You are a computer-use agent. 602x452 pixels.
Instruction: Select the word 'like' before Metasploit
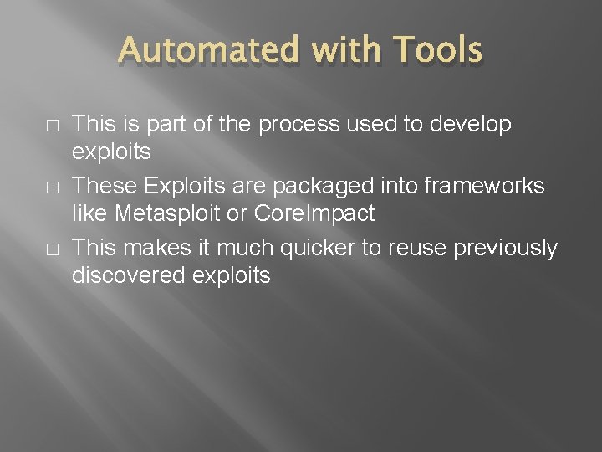(89, 214)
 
